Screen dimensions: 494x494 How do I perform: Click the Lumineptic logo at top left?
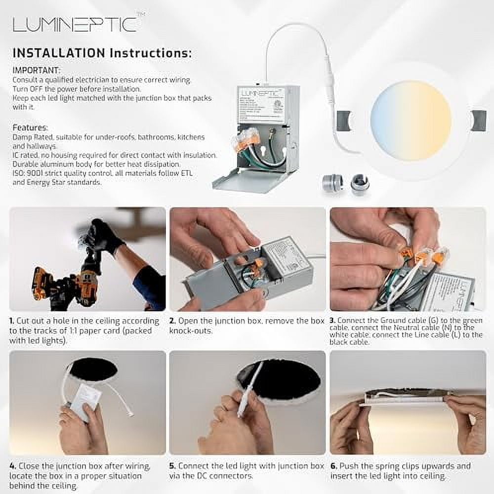click(x=74, y=25)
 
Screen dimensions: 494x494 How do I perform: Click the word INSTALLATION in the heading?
click(x=58, y=53)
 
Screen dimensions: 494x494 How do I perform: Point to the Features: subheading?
click(x=30, y=127)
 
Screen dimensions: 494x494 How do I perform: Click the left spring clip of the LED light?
click(x=343, y=121)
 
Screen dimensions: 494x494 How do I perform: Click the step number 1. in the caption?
click(x=12, y=321)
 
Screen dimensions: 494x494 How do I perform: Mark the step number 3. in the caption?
click(x=332, y=321)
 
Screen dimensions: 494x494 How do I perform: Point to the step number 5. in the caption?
click(x=172, y=466)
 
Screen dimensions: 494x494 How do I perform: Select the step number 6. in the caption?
click(x=333, y=466)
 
